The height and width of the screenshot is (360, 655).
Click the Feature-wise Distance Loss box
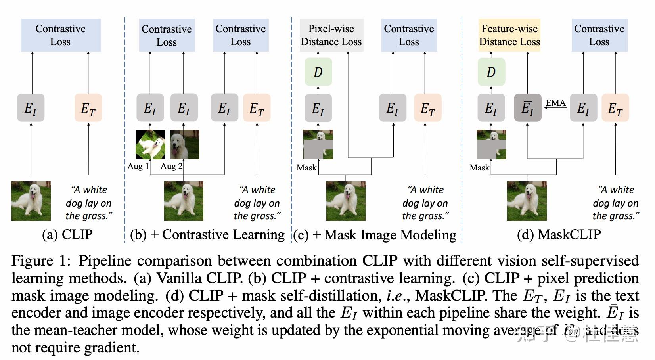click(509, 35)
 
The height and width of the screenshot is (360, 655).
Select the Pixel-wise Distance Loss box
click(331, 35)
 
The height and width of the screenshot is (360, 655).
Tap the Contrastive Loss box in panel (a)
click(60, 35)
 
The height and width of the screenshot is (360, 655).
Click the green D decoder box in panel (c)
click(318, 72)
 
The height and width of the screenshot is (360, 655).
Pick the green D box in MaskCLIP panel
click(491, 72)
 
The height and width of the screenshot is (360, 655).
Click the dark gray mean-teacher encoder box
click(527, 107)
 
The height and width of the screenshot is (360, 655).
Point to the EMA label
click(555, 103)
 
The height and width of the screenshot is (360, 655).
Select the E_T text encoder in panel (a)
click(88, 107)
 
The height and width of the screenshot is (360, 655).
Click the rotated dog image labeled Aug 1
click(150, 144)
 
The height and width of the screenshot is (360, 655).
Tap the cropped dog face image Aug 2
click(184, 144)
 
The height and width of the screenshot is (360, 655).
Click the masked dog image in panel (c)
click(318, 144)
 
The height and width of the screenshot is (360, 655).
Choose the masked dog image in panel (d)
click(491, 144)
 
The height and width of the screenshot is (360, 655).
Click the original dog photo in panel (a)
click(31, 201)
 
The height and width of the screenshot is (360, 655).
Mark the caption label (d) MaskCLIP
click(559, 234)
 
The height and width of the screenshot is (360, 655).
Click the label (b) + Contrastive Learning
click(207, 234)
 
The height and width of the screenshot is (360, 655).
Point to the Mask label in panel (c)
click(306, 167)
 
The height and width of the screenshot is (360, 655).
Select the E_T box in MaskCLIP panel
click(615, 107)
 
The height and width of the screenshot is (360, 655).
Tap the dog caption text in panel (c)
click(425, 203)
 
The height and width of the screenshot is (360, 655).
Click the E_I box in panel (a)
click(31, 107)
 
